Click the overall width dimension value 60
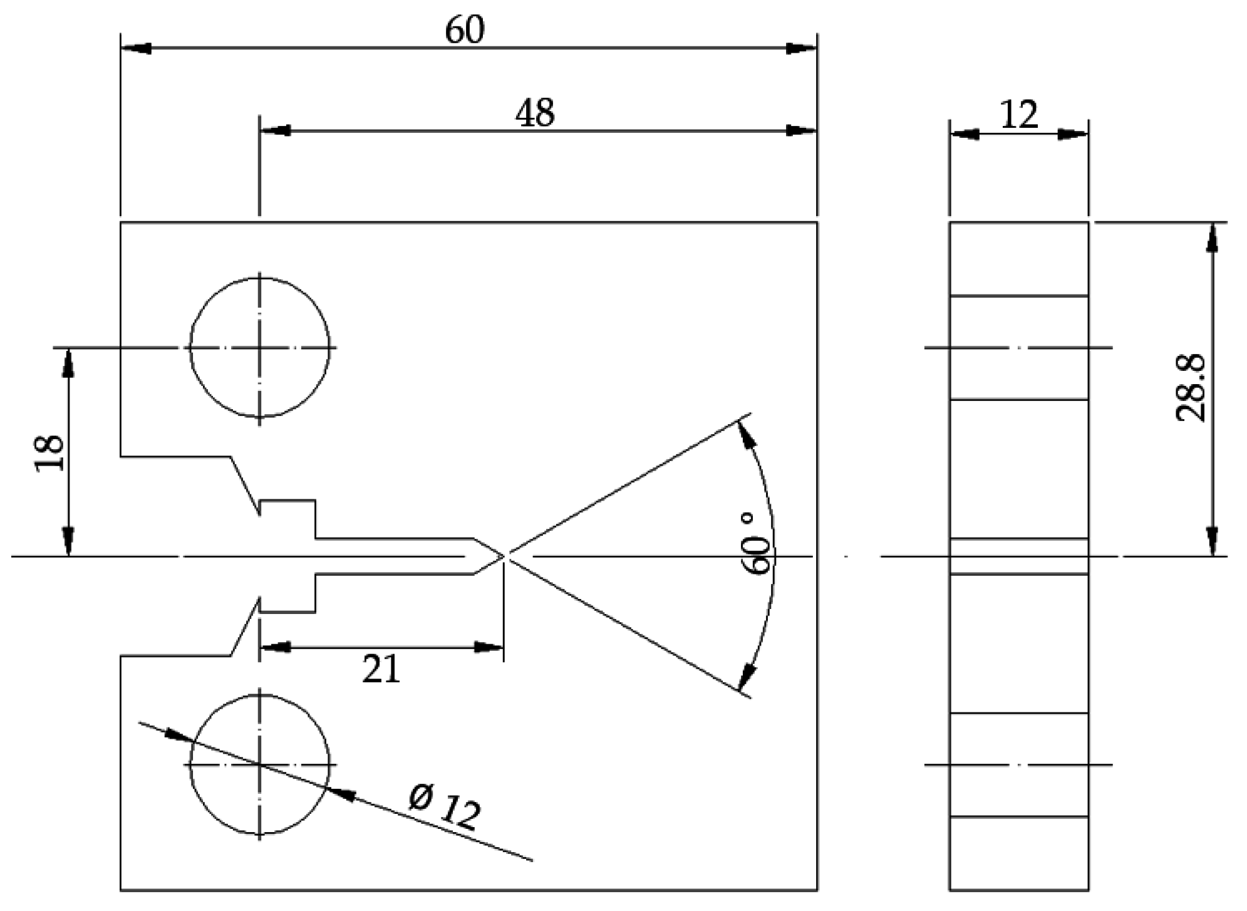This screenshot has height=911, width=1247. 464,29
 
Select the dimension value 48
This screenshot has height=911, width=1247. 535,113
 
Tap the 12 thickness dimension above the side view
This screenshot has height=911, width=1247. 1018,115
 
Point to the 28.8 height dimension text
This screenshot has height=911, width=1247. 1189,388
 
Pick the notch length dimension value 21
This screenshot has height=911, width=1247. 381,669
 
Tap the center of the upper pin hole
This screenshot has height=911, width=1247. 260,347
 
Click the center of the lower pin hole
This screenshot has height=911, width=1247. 260,764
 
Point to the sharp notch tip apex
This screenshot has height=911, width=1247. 505,556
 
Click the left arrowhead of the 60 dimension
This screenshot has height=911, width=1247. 135,48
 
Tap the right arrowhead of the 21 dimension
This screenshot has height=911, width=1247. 489,647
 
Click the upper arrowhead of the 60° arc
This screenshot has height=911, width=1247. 745,433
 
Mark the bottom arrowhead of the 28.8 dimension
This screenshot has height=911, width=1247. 1213,540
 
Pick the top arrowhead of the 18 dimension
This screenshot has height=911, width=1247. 68,363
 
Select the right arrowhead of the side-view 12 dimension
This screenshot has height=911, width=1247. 1072,135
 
